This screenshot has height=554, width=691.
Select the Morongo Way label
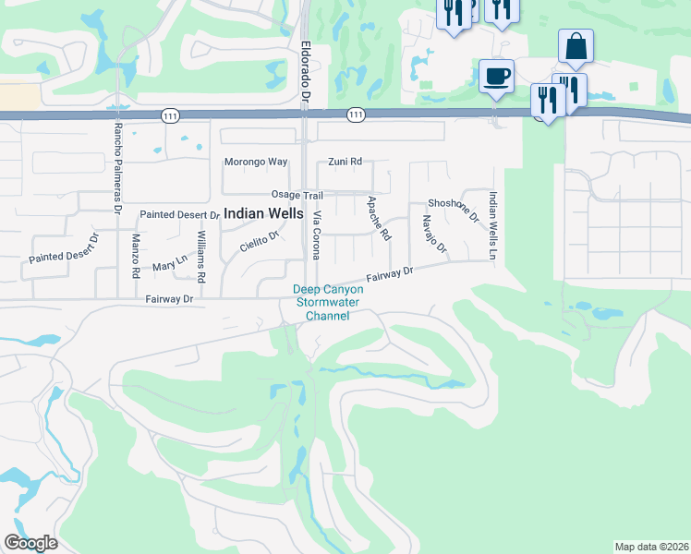256,163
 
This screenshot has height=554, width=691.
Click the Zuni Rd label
345,163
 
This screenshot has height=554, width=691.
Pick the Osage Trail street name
297,195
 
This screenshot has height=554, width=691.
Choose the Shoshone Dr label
454,211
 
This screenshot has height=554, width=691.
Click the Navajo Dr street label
433,235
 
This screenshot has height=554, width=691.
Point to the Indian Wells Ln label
494,225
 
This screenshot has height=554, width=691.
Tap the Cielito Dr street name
260,242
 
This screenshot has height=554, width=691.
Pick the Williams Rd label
200,257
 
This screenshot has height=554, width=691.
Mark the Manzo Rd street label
136,257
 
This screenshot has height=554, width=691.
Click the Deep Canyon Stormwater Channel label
328,303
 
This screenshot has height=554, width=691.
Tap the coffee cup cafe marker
496,76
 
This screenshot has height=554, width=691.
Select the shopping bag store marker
575,46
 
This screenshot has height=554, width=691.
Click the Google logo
30,542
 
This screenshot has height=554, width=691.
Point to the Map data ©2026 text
651,547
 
